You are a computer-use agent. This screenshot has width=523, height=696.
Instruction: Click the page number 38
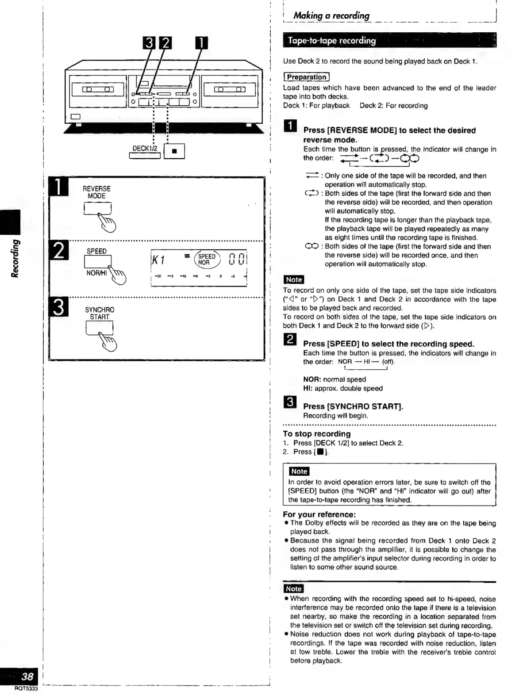tap(27, 676)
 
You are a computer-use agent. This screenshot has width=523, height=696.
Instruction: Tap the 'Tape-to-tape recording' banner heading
tap(332, 41)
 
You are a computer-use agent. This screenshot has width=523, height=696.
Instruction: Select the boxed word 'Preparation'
tap(306, 77)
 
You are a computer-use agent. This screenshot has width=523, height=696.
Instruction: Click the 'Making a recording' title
tap(331, 15)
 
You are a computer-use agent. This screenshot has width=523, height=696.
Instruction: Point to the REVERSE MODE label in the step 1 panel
tap(96, 192)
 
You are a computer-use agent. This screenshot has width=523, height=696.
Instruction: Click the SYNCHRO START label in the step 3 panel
tap(99, 313)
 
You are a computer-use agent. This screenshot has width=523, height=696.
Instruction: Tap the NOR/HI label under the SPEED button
tap(97, 273)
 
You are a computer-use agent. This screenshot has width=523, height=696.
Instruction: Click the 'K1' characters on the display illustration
tap(158, 260)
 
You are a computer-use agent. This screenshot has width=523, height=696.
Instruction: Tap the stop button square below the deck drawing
tap(174, 151)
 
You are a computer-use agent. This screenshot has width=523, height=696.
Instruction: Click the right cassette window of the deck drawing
tap(228, 90)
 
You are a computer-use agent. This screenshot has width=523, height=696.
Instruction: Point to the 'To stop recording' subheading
tap(317, 434)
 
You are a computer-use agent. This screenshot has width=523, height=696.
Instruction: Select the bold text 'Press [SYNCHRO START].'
tap(353, 406)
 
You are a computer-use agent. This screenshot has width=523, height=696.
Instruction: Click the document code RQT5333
tap(26, 688)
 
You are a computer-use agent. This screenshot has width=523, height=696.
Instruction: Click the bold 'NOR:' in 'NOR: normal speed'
tap(312, 379)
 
